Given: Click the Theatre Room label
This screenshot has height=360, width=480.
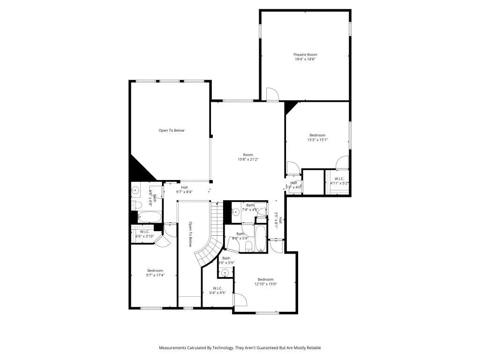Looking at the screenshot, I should pos(305,55).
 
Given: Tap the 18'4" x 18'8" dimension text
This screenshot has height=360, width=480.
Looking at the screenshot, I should pos(305,60).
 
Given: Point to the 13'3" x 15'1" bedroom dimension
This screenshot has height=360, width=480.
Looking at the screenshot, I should pos(317,140).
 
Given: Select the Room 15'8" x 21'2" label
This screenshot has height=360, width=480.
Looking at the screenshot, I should pos(248,157).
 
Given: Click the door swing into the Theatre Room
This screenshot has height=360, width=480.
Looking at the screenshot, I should pos(272,94).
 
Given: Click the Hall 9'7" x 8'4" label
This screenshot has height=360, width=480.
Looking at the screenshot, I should pos(185,189).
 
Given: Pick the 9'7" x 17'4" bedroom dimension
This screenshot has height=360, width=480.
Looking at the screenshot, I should pos(155,275).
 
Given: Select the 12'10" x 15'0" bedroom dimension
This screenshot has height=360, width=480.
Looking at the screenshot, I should pos(266,284).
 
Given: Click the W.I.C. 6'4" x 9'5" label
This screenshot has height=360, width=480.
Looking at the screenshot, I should pos(217,291).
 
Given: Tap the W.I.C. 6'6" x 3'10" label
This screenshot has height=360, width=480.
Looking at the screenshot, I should pos(144,234).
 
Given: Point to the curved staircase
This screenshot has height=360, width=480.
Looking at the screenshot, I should pos(209,244).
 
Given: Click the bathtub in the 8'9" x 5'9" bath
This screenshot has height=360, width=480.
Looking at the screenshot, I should pos(261,239).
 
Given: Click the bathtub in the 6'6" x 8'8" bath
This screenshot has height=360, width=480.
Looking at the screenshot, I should pos(150,217).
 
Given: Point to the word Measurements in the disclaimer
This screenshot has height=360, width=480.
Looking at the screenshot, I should pos(173,348).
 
